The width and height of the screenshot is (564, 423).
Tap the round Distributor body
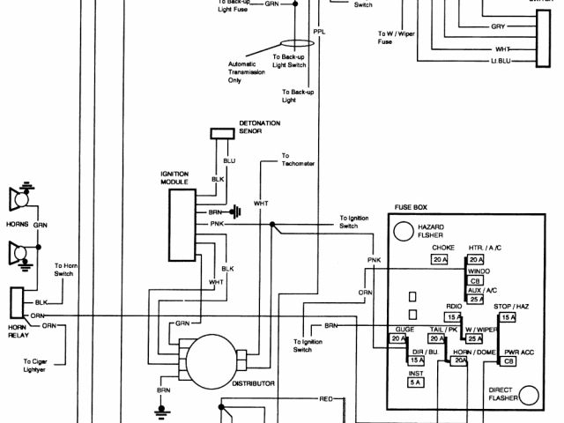[x=211, y=358]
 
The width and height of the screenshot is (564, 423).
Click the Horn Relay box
[x=17, y=301]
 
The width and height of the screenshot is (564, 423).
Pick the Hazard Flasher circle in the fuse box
[x=404, y=231]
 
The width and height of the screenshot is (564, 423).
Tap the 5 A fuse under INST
[x=415, y=383]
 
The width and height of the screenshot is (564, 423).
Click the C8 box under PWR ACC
[x=508, y=361]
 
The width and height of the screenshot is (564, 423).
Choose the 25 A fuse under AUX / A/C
[x=477, y=300]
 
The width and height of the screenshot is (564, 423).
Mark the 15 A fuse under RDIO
[x=453, y=317]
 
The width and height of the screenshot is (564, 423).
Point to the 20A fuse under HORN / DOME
[x=461, y=361]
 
